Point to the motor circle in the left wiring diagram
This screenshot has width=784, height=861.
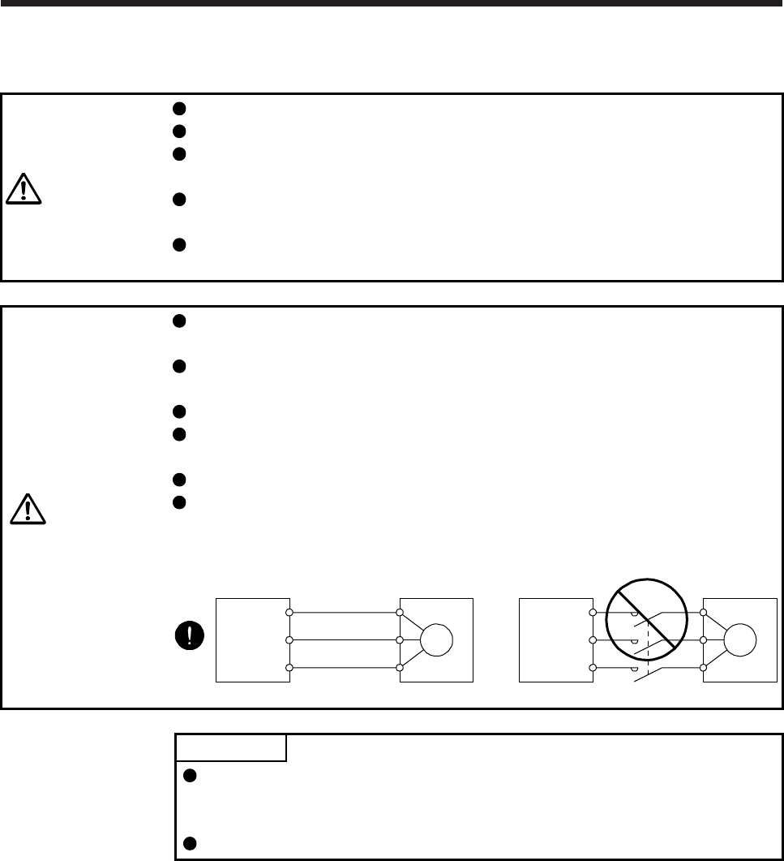coord(437,640)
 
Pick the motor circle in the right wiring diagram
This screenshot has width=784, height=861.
coord(739,640)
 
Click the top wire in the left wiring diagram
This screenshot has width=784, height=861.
coord(344,613)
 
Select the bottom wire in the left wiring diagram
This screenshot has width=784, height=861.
coord(344,668)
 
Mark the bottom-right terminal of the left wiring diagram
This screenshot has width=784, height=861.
coord(400,668)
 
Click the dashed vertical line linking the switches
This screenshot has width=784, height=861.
coord(648,649)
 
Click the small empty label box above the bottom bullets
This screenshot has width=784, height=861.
coord(231,747)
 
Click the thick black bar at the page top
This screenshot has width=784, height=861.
coord(392,2)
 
